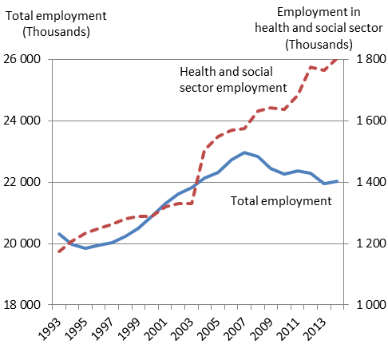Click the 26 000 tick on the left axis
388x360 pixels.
tap(22, 59)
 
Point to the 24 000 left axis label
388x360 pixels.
tap(22, 121)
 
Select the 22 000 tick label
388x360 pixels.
tap(22, 182)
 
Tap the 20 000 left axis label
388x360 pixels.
tap(22, 243)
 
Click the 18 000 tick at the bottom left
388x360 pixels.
tap(22, 305)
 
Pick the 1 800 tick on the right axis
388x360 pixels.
tap(371, 59)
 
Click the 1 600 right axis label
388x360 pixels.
tap(371, 121)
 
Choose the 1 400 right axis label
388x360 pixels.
tap(371, 182)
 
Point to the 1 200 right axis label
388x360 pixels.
tap(371, 243)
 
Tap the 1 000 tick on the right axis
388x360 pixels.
tap(371, 305)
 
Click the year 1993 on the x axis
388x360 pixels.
tap(50, 329)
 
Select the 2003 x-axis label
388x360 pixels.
tap(183, 329)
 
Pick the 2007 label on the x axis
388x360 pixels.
tap(236, 329)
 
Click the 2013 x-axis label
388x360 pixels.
tap(315, 329)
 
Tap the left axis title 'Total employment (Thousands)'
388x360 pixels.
tap(56, 24)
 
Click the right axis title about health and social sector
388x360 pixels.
tap(319, 29)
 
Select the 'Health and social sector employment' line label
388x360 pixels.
tap(233, 80)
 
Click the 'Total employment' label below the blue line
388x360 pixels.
tap(281, 201)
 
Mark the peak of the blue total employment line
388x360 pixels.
tap(244, 152)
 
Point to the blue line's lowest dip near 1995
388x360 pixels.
tap(85, 248)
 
